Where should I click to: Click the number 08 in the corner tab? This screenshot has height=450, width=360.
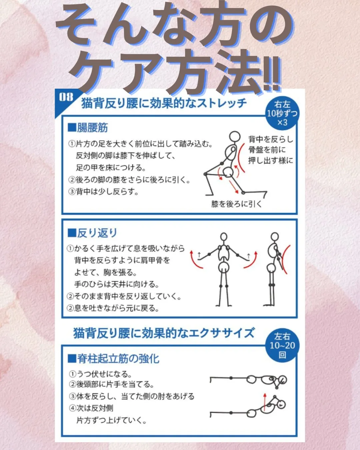(x=66, y=97)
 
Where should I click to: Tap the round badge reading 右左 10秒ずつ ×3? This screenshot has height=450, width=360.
(x=282, y=113)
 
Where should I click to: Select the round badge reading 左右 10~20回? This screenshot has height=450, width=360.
(x=282, y=346)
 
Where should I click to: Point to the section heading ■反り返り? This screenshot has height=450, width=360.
(x=92, y=233)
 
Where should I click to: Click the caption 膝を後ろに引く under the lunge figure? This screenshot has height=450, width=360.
(x=236, y=204)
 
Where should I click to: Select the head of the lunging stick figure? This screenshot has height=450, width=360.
(x=235, y=137)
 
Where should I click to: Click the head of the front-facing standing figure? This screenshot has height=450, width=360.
(x=224, y=237)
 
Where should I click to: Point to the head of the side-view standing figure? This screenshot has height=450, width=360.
(x=274, y=237)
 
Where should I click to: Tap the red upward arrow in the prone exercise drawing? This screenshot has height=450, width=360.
(x=264, y=402)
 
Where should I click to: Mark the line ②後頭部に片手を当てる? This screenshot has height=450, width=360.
(x=112, y=384)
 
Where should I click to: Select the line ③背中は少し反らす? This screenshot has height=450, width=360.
(x=103, y=192)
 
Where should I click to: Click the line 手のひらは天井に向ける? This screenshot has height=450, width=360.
(x=117, y=284)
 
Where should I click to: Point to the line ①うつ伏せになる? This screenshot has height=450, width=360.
(x=101, y=374)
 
